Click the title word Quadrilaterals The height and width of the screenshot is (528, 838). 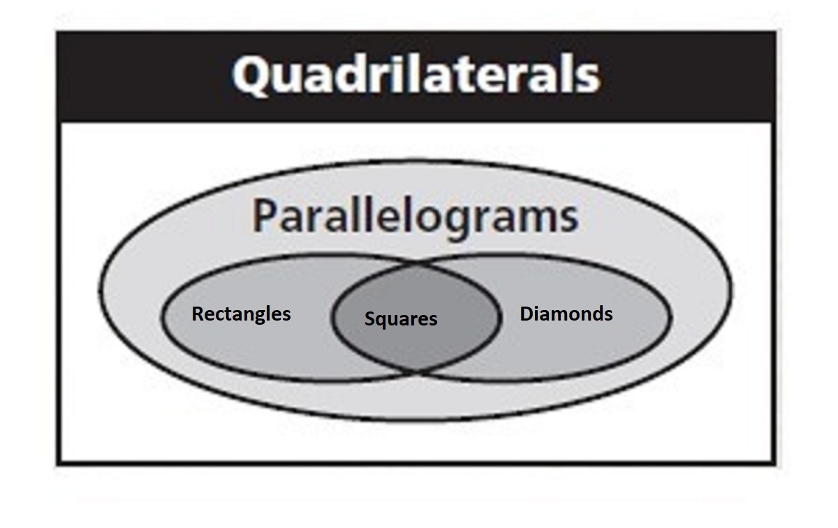[x=416, y=75]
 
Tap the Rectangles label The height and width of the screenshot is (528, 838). [x=241, y=314]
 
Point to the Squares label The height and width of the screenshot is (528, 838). [x=401, y=319]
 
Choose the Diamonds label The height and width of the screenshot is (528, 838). [x=566, y=314]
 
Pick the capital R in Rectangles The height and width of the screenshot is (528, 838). [x=198, y=314]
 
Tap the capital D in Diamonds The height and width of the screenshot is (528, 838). [x=527, y=314]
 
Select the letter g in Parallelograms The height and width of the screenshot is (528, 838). [x=476, y=221]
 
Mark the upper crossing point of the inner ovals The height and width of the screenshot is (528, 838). [x=417, y=265]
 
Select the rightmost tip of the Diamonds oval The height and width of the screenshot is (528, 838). [x=670, y=317]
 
